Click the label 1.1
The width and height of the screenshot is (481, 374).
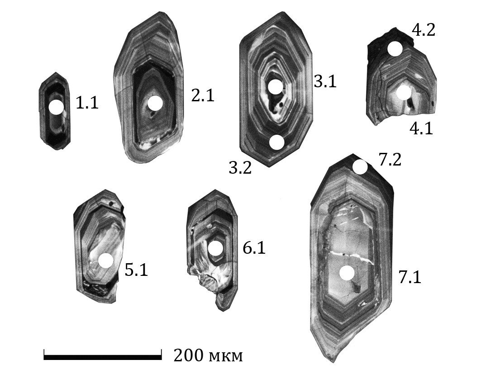pos(87,103)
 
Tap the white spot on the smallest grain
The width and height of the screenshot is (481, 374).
pos(56,107)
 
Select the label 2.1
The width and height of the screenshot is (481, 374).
pos(202,95)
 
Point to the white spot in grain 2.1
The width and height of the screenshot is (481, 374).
pos(155,103)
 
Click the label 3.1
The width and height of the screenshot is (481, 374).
pos(325,81)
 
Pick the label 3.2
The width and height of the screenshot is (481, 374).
pos(240,168)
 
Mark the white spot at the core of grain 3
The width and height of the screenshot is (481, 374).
pos(275,87)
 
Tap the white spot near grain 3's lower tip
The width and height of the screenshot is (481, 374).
pos(276,142)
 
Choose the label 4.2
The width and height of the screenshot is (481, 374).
pos(424,30)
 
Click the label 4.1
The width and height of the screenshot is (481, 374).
pos(421,128)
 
